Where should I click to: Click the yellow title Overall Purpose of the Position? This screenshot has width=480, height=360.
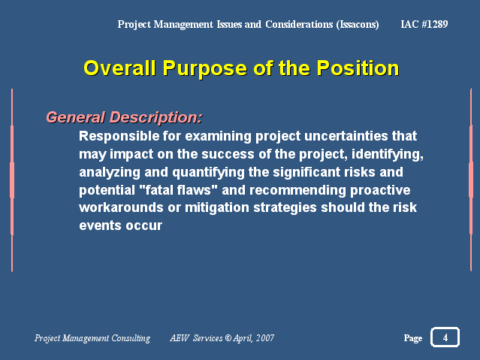click(241, 68)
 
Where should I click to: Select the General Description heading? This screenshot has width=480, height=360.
click(124, 117)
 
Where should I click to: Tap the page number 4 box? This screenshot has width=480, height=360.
click(445, 337)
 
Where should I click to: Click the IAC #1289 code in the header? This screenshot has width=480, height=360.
click(424, 24)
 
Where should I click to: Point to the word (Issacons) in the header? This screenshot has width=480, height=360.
click(358, 25)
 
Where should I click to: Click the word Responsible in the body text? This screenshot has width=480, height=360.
click(119, 136)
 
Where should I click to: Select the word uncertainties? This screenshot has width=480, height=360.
click(346, 136)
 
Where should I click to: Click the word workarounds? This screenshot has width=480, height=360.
click(121, 207)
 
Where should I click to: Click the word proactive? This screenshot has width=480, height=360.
click(380, 190)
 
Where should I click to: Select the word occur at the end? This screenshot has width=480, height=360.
click(144, 225)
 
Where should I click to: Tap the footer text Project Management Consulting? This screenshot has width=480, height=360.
click(92, 338)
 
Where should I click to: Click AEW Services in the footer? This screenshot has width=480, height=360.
click(196, 338)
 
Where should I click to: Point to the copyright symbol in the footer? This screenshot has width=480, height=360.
click(228, 337)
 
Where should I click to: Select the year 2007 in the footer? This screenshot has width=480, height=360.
click(265, 337)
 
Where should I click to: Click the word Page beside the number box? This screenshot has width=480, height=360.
click(413, 338)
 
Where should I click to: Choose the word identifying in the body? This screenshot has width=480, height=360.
click(388, 154)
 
